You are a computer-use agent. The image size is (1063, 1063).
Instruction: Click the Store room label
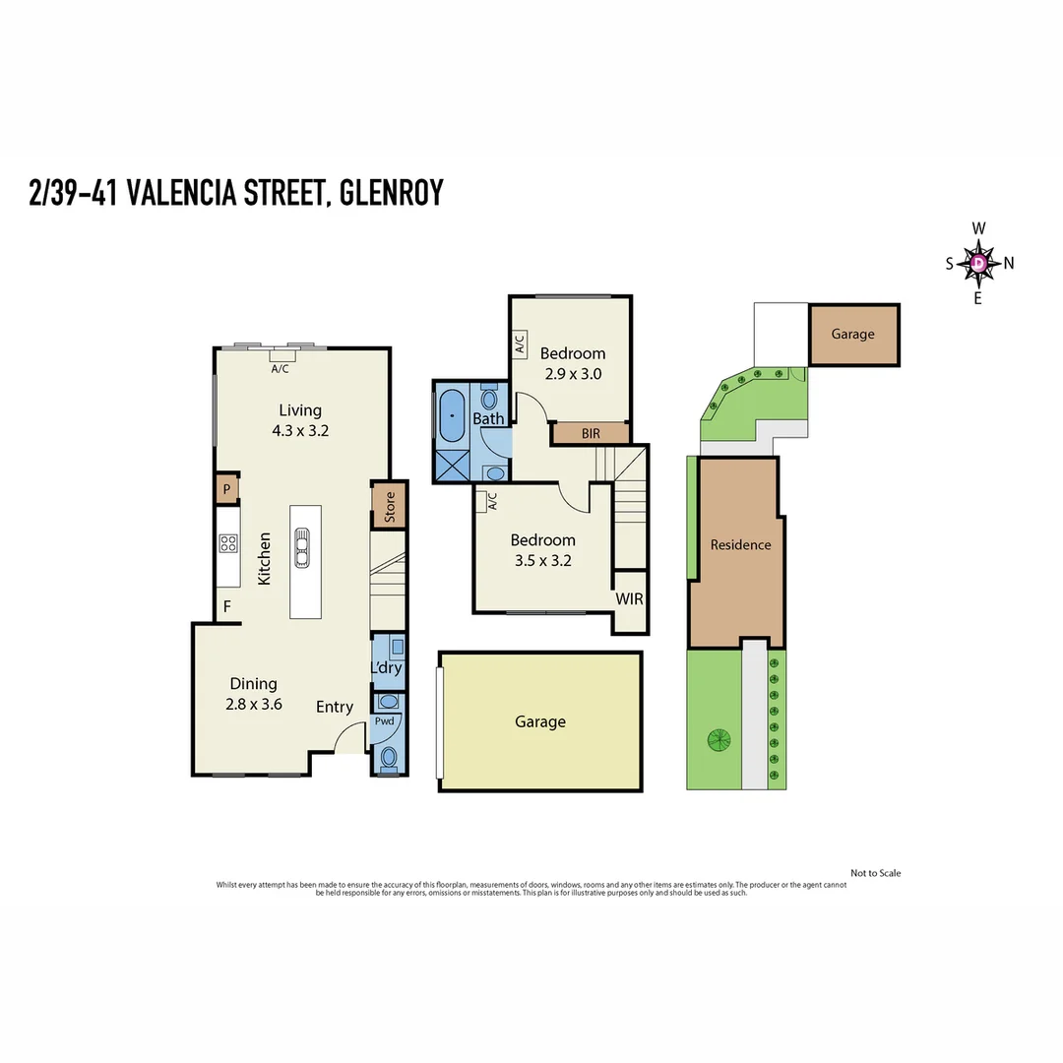click(x=389, y=505)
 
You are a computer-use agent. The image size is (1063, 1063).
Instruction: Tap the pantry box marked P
click(x=226, y=488)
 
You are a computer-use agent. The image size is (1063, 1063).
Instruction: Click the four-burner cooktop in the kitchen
click(x=228, y=544)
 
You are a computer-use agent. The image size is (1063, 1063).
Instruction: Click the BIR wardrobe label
click(x=591, y=433)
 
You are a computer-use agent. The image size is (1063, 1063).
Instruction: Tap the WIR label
click(x=630, y=598)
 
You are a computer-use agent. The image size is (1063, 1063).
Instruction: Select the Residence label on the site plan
click(x=740, y=544)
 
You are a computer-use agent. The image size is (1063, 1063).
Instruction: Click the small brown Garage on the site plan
click(x=852, y=335)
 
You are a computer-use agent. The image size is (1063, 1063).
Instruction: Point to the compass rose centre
click(x=979, y=263)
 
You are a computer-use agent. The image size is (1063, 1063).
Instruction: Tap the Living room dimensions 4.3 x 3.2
click(x=300, y=430)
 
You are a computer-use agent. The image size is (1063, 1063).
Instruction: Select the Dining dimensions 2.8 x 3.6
click(x=254, y=704)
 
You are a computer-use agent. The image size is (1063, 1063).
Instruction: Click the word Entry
click(x=335, y=707)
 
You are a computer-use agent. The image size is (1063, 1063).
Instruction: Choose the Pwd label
click(x=384, y=722)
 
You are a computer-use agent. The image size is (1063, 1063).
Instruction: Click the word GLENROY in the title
click(x=391, y=193)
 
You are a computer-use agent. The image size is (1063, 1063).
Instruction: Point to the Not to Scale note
click(x=875, y=873)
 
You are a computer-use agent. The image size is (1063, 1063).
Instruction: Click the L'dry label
click(x=386, y=668)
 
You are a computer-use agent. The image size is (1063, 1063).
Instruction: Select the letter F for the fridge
click(x=226, y=606)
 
